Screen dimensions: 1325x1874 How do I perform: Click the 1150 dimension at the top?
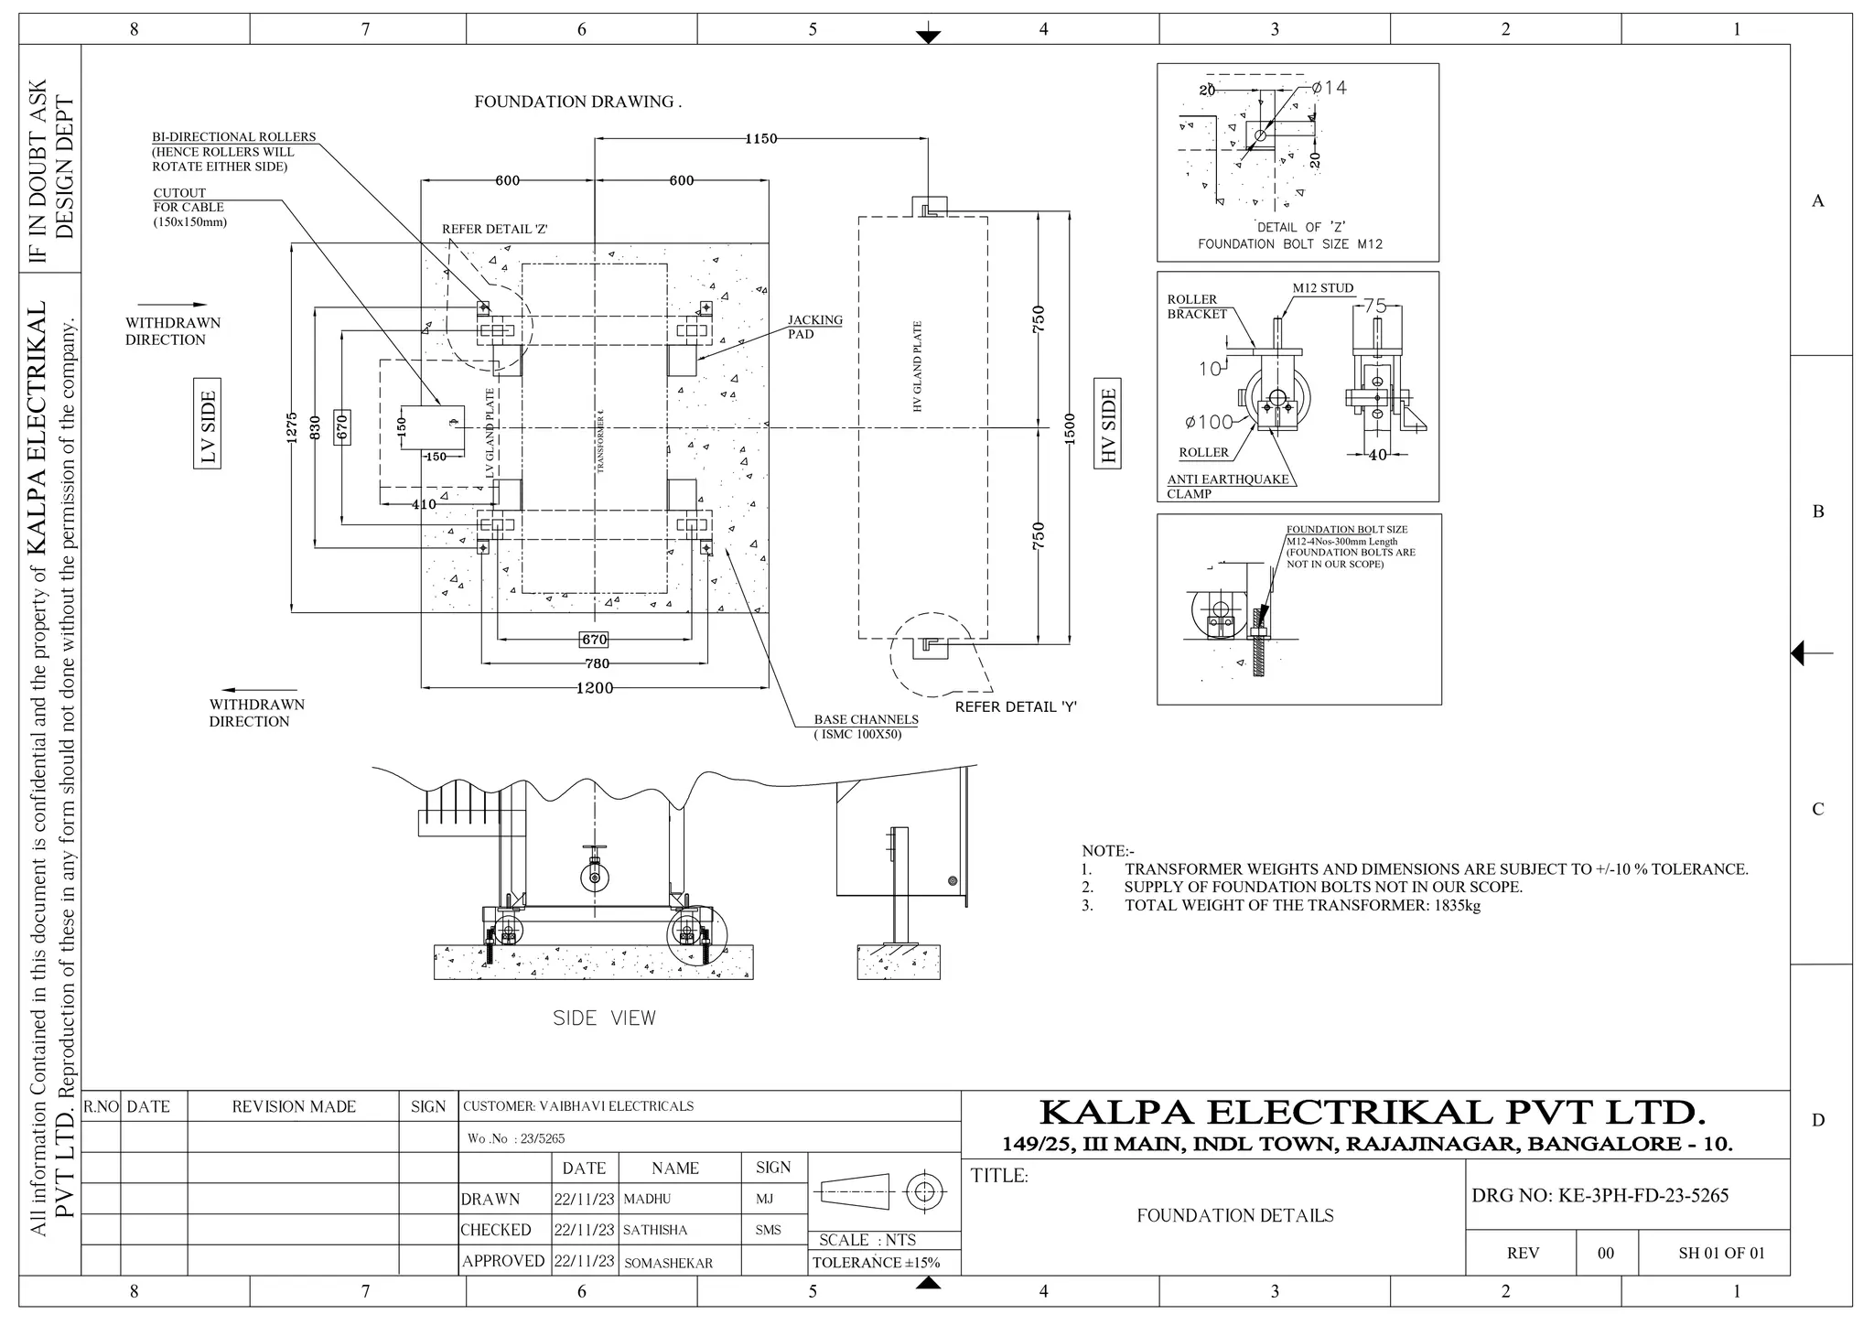(x=760, y=139)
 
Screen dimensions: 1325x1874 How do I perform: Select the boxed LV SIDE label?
(x=208, y=427)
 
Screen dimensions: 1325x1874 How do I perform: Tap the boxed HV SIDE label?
(x=1108, y=426)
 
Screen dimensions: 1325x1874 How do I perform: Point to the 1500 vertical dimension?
(x=1070, y=427)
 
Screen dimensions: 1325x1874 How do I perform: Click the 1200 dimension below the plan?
(x=594, y=687)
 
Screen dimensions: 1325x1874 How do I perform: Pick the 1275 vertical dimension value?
(x=291, y=427)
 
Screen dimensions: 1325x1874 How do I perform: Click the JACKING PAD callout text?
(x=814, y=327)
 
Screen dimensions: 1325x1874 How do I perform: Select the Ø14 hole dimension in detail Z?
(x=1329, y=88)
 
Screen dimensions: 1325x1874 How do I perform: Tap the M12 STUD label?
(x=1322, y=288)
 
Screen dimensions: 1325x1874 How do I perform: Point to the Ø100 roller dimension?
(x=1209, y=422)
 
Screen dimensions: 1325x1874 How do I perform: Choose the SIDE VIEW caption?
(x=604, y=1018)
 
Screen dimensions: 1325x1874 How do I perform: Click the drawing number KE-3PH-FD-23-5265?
(x=1643, y=1195)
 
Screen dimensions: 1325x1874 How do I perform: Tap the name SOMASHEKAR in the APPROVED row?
(x=668, y=1263)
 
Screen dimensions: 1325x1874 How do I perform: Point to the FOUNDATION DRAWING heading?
(x=577, y=102)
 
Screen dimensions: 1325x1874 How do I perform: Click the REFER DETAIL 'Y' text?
(x=1016, y=706)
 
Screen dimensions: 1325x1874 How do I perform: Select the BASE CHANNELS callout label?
(x=866, y=719)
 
